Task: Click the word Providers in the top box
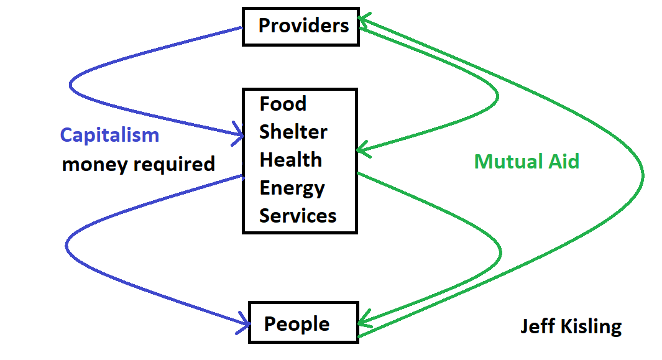tap(303, 26)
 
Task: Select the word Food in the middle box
tap(283, 104)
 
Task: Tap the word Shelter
tap(293, 132)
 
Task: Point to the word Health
tap(290, 160)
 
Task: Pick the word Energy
tap(292, 188)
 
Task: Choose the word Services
tap(298, 216)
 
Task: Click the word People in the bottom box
tap(297, 324)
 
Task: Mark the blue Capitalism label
tap(109, 135)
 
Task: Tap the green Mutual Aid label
tap(526, 162)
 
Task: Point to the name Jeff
tap(536, 326)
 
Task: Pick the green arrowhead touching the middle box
tap(361, 150)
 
